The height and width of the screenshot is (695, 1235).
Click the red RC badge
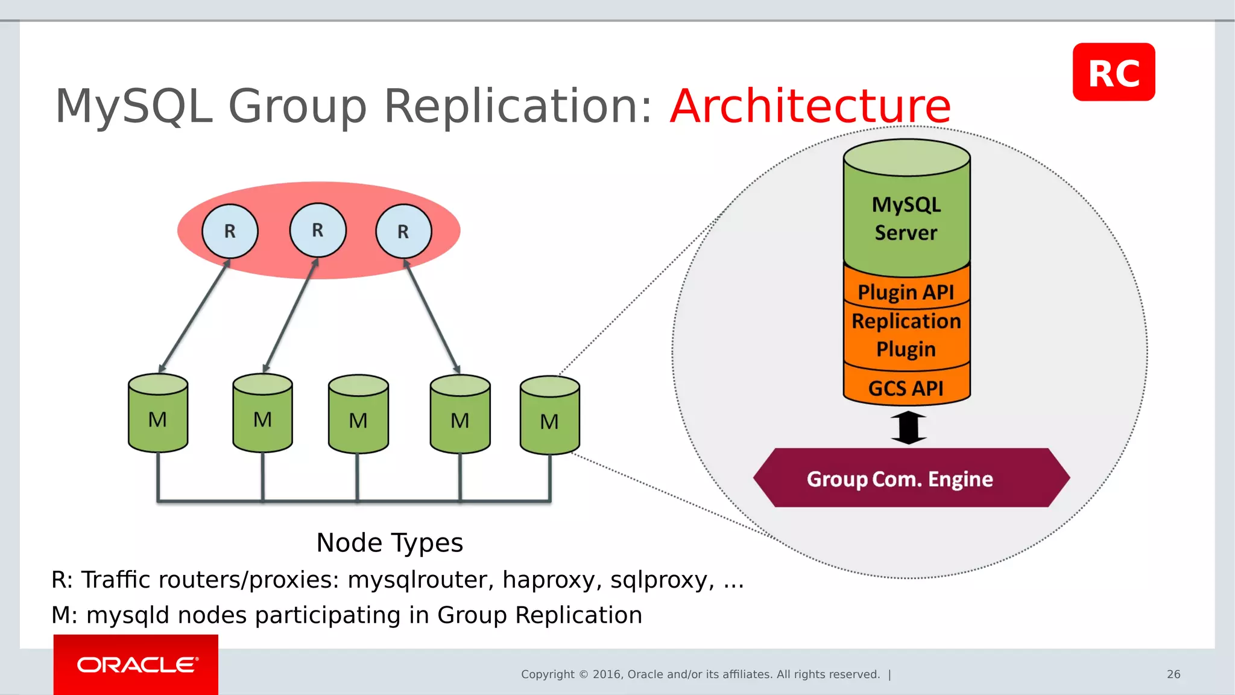pyautogui.click(x=1113, y=72)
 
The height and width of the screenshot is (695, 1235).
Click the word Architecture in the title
pyautogui.click(x=810, y=106)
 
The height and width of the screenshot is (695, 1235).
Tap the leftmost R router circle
pyautogui.click(x=230, y=231)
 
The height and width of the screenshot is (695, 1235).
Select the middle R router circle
pyautogui.click(x=318, y=230)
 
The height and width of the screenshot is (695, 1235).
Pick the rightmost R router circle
pyautogui.click(x=403, y=231)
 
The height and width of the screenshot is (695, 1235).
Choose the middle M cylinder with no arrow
pyautogui.click(x=358, y=416)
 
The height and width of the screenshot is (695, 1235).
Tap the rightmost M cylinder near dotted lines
pyautogui.click(x=549, y=417)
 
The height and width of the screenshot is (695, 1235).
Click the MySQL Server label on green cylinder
pyautogui.click(x=906, y=218)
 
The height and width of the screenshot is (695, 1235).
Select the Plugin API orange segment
pyautogui.click(x=906, y=292)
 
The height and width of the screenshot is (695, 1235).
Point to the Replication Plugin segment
pyautogui.click(x=906, y=335)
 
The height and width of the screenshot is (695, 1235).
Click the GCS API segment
pyautogui.click(x=906, y=388)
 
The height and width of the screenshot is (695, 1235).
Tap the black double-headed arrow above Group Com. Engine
pyautogui.click(x=908, y=427)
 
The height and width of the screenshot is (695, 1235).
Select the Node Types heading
pyautogui.click(x=390, y=542)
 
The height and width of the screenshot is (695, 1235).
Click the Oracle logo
pyautogui.click(x=136, y=664)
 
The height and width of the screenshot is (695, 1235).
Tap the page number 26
pyautogui.click(x=1173, y=674)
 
